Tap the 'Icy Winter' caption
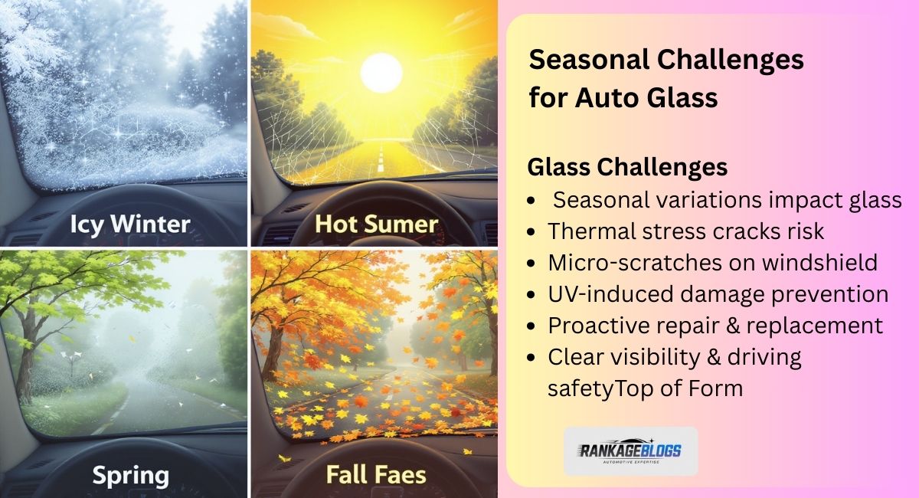[129, 224]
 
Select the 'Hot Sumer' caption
[376, 224]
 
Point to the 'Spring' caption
[130, 475]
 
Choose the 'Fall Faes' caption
[376, 474]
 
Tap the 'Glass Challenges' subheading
[627, 166]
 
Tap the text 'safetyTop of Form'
[645, 388]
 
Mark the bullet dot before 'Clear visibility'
[532, 358]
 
